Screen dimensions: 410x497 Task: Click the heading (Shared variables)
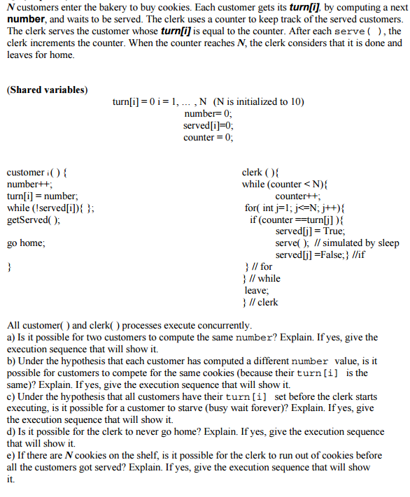(x=47, y=90)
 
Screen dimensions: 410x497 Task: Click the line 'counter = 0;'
(x=208, y=137)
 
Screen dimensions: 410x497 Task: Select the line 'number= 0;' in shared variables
(x=208, y=113)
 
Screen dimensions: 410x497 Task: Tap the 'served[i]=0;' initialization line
(x=208, y=125)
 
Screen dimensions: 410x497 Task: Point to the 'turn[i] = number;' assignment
(x=43, y=196)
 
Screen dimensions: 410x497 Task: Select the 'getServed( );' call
(x=34, y=219)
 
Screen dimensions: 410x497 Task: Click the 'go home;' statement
(x=26, y=243)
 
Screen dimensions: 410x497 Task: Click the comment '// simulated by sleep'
(x=359, y=243)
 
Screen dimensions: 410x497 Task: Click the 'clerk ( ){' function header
(x=260, y=172)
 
